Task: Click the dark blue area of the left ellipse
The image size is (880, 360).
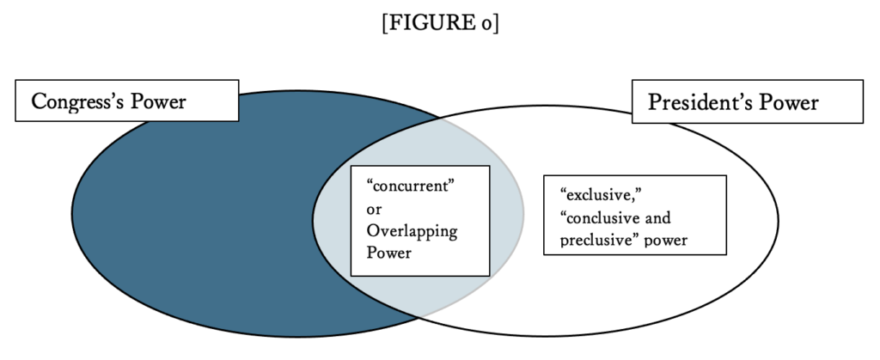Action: coord(189,223)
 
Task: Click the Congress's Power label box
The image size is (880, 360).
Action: coord(126,102)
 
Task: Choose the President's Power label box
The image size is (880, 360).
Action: coord(747,102)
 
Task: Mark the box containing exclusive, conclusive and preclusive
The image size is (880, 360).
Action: coord(635,216)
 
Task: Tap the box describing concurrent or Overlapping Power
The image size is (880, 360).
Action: coord(420,220)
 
